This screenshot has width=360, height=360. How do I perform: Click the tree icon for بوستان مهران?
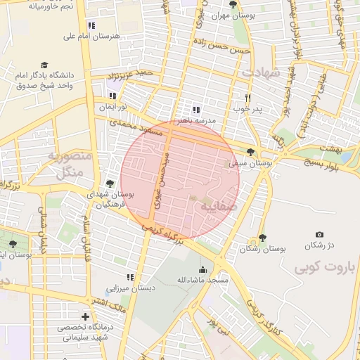(233, 4)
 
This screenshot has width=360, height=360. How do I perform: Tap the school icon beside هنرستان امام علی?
(91, 25)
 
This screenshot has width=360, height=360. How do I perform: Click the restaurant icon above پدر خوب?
(247, 98)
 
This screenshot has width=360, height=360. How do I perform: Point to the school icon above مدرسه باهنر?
(195, 110)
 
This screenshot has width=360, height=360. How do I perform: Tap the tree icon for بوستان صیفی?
(251, 152)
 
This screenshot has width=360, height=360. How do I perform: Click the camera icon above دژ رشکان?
(320, 234)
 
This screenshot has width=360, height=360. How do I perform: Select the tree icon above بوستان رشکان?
(262, 238)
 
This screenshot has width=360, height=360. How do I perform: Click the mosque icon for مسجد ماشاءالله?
(203, 269)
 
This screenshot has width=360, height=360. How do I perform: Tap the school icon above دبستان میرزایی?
(129, 277)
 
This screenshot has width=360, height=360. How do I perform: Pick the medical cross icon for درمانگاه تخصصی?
(86, 316)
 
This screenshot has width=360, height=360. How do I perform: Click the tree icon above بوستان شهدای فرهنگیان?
(110, 183)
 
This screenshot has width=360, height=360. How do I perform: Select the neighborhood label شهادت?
(261, 72)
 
